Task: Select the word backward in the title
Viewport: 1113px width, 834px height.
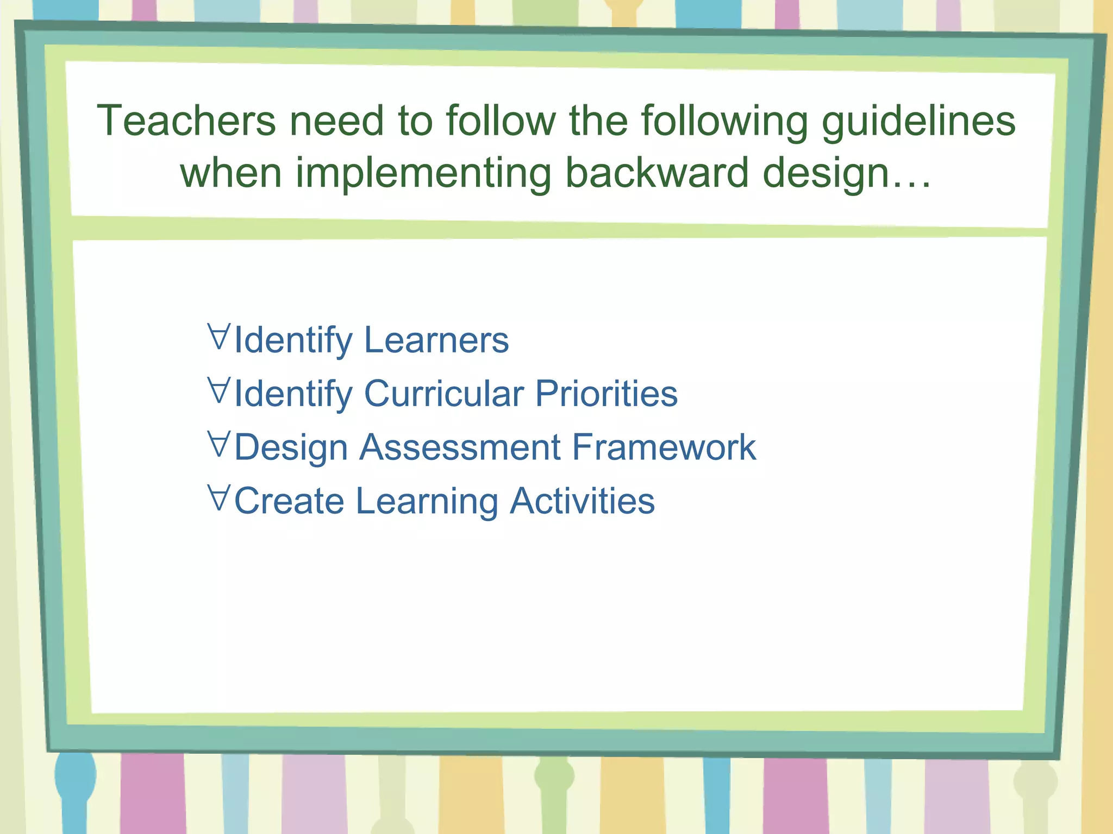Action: (656, 173)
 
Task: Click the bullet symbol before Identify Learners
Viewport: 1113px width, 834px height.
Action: (219, 336)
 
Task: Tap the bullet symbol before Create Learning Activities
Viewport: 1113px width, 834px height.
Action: (219, 497)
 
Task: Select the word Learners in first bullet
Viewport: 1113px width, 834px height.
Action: (436, 340)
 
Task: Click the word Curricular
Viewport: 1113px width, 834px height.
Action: (443, 394)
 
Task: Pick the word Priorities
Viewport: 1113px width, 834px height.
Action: (606, 394)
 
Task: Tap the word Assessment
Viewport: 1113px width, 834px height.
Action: (460, 447)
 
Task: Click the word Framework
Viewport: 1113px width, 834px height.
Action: (664, 447)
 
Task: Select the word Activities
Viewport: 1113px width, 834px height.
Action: (582, 501)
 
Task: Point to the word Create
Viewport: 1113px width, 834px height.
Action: (289, 501)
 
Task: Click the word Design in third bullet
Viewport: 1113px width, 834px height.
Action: (291, 448)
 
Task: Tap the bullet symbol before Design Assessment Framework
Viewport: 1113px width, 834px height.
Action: (219, 444)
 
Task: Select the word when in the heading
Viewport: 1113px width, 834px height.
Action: (231, 173)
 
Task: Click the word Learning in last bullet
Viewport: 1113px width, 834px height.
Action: (427, 502)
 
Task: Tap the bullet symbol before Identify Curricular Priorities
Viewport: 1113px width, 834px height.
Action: (219, 390)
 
